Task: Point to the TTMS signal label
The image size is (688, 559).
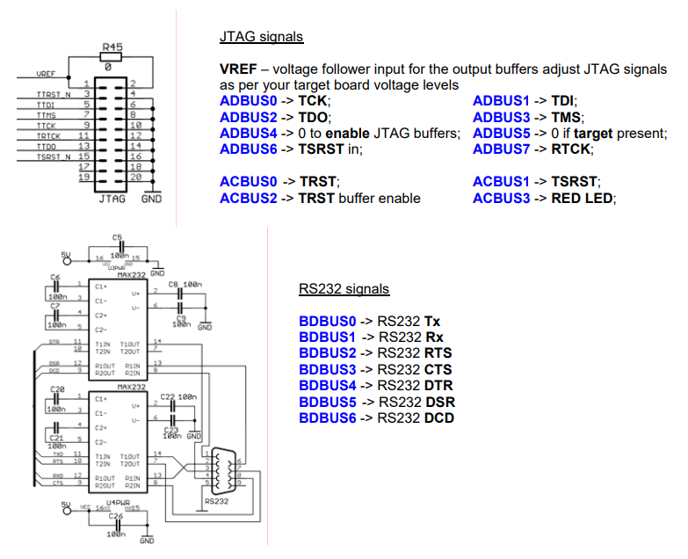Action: coord(47,114)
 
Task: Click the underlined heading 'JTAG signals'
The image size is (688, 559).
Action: coord(261,37)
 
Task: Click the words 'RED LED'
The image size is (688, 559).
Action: coord(583,198)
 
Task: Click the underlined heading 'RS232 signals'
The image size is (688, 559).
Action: coord(344,289)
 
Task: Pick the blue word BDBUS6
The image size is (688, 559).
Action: coord(327,417)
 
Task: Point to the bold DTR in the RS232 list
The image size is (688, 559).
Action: coord(440,386)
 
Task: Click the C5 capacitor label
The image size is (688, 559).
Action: coord(118,237)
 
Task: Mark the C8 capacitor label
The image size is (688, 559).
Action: coord(173,285)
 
